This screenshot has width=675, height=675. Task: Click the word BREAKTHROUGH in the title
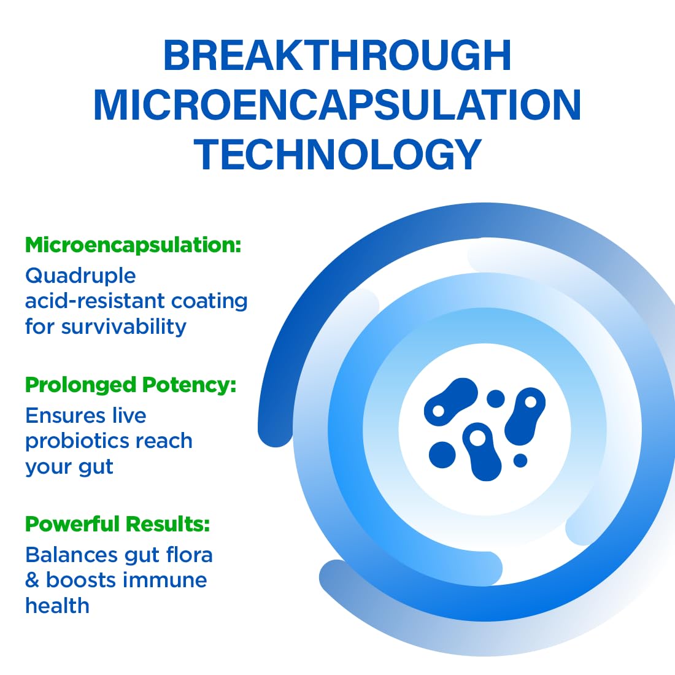click(x=337, y=56)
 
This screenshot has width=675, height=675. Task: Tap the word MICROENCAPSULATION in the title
click(x=337, y=105)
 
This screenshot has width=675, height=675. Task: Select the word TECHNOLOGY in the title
click(x=337, y=154)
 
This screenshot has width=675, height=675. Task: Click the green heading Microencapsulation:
click(x=133, y=245)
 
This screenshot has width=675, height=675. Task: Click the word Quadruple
click(x=80, y=276)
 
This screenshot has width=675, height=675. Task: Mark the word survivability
click(x=123, y=326)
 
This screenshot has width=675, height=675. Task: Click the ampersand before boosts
click(x=32, y=580)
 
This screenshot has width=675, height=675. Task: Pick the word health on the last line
click(x=57, y=606)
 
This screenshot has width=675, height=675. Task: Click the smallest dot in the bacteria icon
click(x=520, y=460)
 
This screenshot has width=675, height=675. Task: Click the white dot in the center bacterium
click(x=477, y=438)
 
